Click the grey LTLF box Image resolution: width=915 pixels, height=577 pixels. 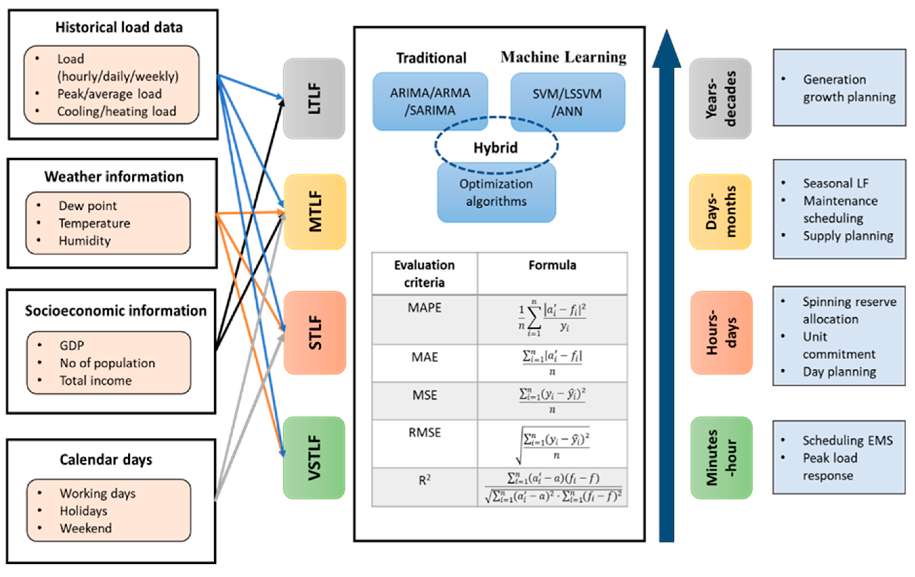coord(314,99)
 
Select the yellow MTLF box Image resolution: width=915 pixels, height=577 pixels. coord(315,212)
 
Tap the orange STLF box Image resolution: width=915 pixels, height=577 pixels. coord(315,332)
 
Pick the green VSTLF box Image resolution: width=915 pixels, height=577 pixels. coord(314,457)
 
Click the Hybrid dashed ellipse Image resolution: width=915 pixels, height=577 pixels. coord(496,146)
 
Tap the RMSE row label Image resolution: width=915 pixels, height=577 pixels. coord(424,433)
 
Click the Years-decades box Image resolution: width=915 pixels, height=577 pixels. coord(720,99)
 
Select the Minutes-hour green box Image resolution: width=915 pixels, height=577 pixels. coord(721,457)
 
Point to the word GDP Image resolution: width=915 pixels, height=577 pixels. coord(72,345)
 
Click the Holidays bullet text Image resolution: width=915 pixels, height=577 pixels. coord(84,511)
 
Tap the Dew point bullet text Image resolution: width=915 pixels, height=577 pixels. coord(88,206)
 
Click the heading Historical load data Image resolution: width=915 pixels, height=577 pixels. coord(119,27)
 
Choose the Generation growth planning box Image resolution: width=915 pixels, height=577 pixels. coord(839,88)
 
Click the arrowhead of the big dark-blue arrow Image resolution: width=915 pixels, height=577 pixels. coord(666,49)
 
